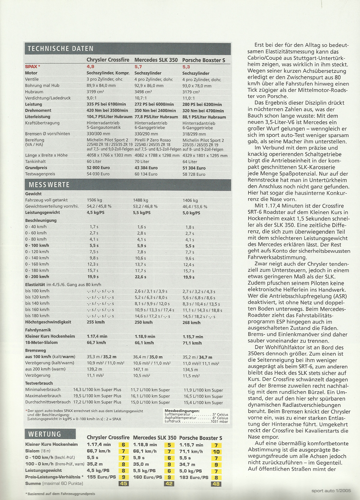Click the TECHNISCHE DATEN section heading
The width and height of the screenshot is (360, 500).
(61, 49)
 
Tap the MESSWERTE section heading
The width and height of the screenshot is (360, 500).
(49, 185)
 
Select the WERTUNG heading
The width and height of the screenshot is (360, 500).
(45, 434)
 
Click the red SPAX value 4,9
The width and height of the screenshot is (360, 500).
(90, 67)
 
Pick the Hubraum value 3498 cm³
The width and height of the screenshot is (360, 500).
(143, 92)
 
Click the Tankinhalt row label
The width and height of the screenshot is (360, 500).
(35, 162)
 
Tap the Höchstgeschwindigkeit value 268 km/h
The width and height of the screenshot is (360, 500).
(191, 322)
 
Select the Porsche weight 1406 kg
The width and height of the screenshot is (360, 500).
(190, 200)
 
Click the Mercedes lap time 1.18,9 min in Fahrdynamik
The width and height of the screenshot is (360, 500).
(145, 337)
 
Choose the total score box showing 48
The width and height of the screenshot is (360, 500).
(216, 484)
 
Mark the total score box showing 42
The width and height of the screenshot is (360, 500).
(169, 484)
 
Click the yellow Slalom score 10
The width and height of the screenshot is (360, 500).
(216, 452)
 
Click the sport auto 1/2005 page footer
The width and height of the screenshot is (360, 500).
(331, 491)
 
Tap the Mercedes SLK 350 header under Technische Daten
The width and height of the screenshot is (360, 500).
(156, 60)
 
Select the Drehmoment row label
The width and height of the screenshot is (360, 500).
(38, 111)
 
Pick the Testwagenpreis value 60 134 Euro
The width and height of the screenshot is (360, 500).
(146, 174)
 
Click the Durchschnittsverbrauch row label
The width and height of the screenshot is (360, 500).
(48, 402)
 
